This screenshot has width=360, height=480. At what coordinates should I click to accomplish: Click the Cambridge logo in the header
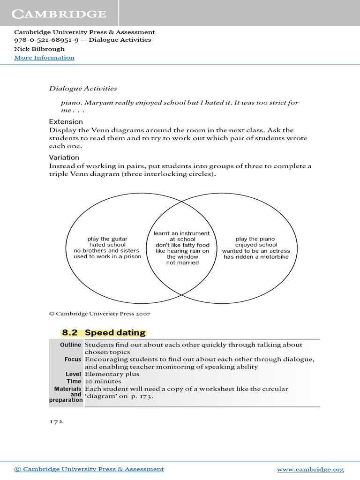pyautogui.click(x=59, y=14)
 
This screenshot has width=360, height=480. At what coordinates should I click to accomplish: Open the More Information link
pyautogui.click(x=44, y=58)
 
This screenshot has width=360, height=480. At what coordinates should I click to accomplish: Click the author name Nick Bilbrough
pyautogui.click(x=39, y=49)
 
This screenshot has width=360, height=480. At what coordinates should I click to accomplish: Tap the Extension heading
pyautogui.click(x=66, y=122)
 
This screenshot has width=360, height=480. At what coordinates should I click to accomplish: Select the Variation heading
pyautogui.click(x=64, y=157)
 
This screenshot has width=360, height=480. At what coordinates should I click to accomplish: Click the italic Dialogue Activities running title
pyautogui.click(x=83, y=88)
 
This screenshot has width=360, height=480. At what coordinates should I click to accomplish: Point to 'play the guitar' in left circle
pyautogui.click(x=107, y=239)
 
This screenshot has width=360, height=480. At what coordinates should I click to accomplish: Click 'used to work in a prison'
pyautogui.click(x=107, y=257)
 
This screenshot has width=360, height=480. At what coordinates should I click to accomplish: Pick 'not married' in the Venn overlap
pyautogui.click(x=182, y=263)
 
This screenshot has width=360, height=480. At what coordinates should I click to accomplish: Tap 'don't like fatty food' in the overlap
pyautogui.click(x=182, y=245)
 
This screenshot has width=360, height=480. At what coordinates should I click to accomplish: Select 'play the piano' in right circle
pyautogui.click(x=256, y=239)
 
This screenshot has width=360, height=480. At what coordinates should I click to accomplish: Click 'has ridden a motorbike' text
pyautogui.click(x=256, y=257)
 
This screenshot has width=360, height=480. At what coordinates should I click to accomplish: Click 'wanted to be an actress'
pyautogui.click(x=256, y=251)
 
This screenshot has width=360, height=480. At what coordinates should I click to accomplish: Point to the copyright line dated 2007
pyautogui.click(x=99, y=314)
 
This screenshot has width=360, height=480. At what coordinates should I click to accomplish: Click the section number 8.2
pyautogui.click(x=69, y=333)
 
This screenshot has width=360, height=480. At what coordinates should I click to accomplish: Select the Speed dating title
pyautogui.click(x=115, y=333)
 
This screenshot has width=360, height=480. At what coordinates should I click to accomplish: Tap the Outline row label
pyautogui.click(x=71, y=345)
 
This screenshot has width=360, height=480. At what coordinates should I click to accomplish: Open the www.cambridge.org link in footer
pyautogui.click(x=310, y=469)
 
